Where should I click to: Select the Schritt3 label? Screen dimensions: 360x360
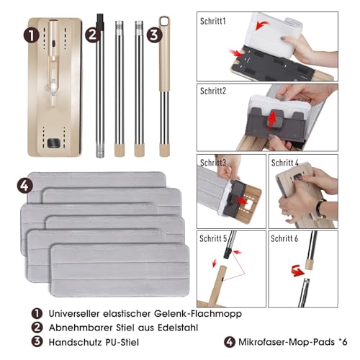pos(214,163)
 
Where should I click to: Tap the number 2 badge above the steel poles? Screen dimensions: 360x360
pos(91,33)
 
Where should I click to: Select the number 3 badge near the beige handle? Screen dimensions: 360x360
pos(153,33)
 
